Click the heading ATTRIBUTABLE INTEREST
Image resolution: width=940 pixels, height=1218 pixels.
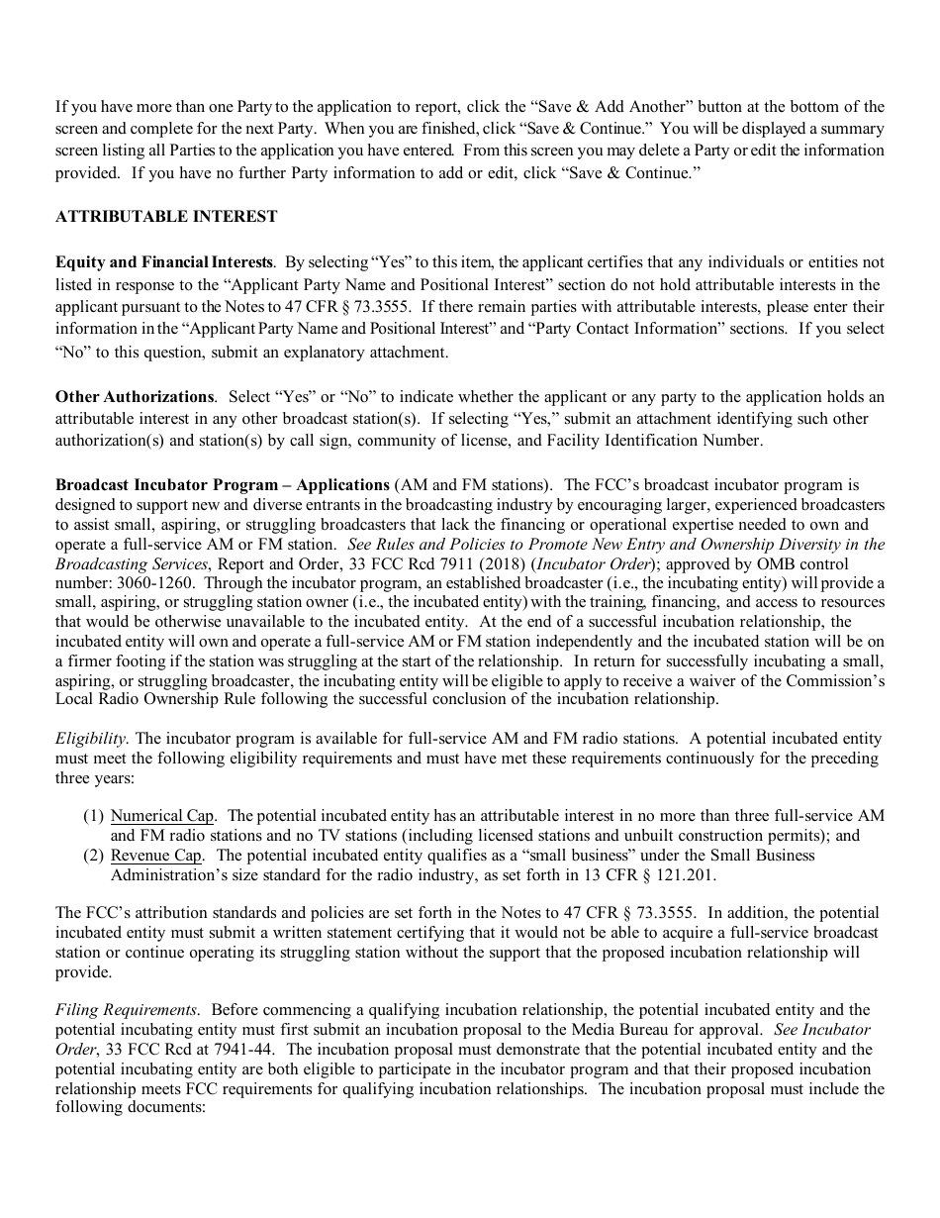(x=166, y=216)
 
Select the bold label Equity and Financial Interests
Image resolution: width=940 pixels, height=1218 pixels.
(x=163, y=262)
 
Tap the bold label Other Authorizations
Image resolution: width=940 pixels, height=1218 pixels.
(x=135, y=396)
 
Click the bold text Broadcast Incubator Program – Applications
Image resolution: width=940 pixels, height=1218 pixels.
(x=223, y=485)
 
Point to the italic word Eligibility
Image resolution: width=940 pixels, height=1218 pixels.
(x=90, y=739)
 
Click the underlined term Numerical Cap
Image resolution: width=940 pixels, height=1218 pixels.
(x=162, y=816)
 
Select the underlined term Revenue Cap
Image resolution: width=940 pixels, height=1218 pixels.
(x=156, y=855)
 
